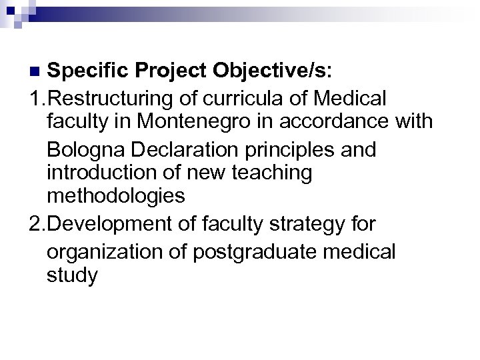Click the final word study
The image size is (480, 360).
pyautogui.click(x=72, y=275)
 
